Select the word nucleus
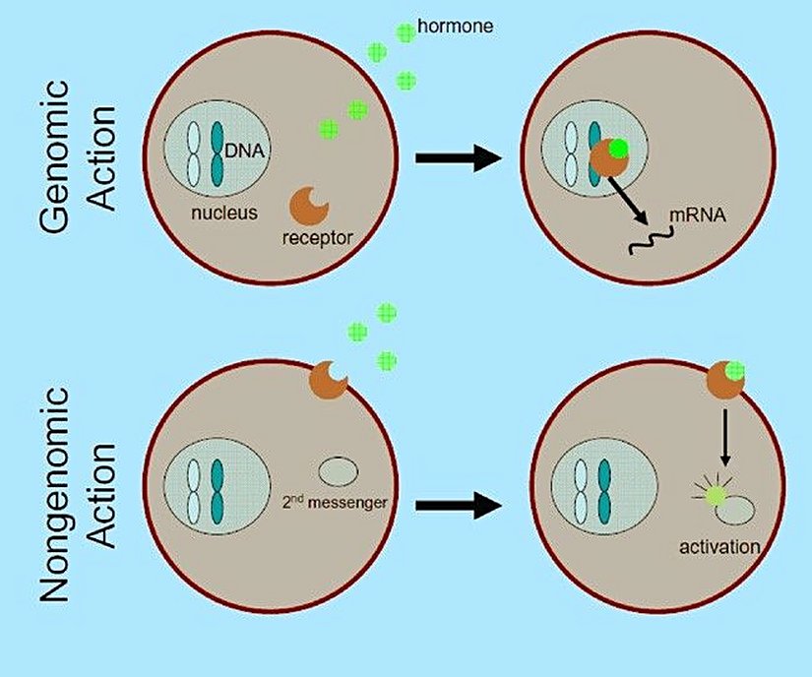[224, 212]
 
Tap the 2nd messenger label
[335, 503]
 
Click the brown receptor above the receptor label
[309, 204]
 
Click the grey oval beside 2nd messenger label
[340, 469]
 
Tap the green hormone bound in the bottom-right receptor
[734, 371]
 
